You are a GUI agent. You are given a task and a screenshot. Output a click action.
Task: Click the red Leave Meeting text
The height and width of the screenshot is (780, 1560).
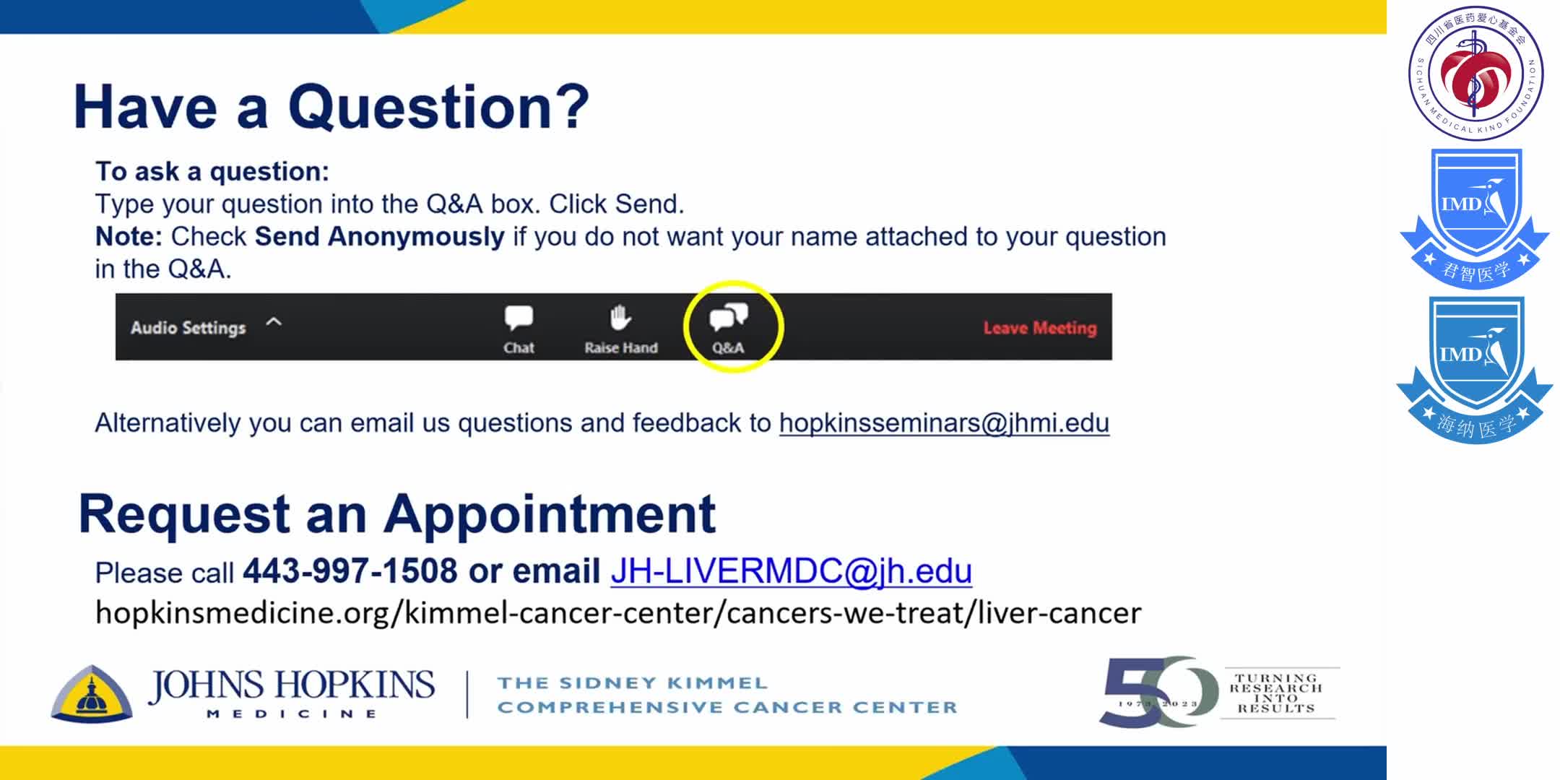(x=1039, y=328)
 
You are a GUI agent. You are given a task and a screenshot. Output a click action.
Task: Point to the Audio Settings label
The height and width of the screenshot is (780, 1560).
(x=188, y=328)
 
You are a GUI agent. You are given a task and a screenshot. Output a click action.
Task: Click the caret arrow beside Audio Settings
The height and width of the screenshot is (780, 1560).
(x=274, y=322)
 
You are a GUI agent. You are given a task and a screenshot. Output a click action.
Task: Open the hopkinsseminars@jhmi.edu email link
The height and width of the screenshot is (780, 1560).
(x=943, y=423)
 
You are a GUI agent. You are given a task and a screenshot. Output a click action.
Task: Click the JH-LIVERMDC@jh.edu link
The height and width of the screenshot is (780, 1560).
(x=791, y=571)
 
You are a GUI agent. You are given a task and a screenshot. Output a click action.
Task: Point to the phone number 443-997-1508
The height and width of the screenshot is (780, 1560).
(x=350, y=571)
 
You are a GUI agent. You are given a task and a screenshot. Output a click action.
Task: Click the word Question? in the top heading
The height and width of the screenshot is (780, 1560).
(x=438, y=107)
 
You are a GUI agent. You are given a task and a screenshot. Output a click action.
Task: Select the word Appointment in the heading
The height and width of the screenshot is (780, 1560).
(x=549, y=514)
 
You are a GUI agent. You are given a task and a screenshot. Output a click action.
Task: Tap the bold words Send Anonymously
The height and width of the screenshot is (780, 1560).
(x=379, y=237)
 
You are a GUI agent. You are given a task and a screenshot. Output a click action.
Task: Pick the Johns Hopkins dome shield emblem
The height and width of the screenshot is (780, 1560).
(x=92, y=694)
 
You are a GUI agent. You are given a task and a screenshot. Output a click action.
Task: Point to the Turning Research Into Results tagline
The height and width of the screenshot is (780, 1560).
(x=1276, y=693)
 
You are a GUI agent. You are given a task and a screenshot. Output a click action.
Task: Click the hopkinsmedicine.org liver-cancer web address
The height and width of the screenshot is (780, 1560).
(x=618, y=613)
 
